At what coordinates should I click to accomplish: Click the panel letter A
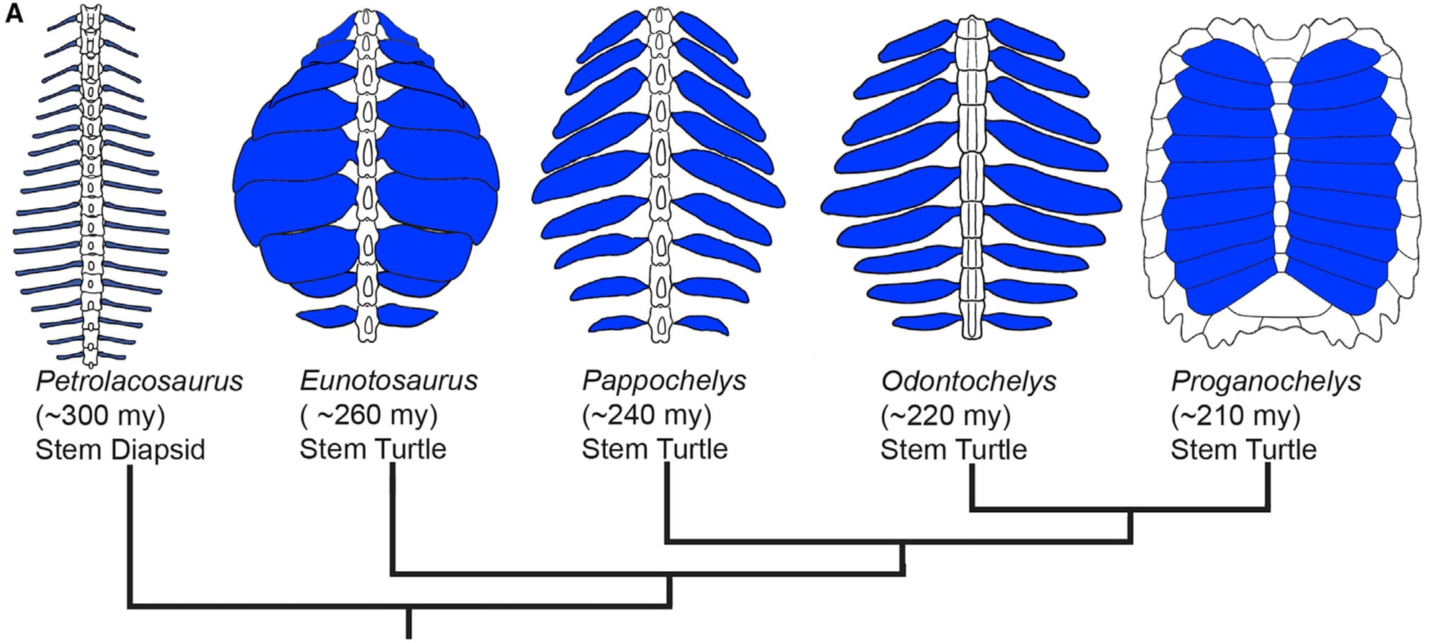[14, 13]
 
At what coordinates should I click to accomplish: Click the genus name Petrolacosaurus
[139, 381]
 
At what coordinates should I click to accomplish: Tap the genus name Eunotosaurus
[389, 381]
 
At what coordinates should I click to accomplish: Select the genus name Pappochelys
[663, 381]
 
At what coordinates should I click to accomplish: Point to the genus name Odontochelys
[968, 381]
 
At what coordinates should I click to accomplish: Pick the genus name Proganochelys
[1266, 381]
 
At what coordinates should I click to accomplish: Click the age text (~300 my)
[100, 416]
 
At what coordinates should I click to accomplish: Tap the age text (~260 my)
[368, 416]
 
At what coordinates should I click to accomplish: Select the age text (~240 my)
[646, 416]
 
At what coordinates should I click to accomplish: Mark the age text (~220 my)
[945, 416]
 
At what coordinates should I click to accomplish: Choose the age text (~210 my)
[1235, 416]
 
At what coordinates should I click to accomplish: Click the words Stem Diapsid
[120, 450]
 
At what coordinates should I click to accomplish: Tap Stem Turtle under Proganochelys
[1243, 450]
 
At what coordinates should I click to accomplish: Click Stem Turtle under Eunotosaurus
[373, 450]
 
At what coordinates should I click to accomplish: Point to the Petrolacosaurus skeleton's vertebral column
[90, 180]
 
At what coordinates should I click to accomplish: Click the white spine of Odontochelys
[972, 180]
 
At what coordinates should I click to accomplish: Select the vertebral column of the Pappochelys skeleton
[660, 180]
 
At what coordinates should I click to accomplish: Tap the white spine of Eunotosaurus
[367, 180]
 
